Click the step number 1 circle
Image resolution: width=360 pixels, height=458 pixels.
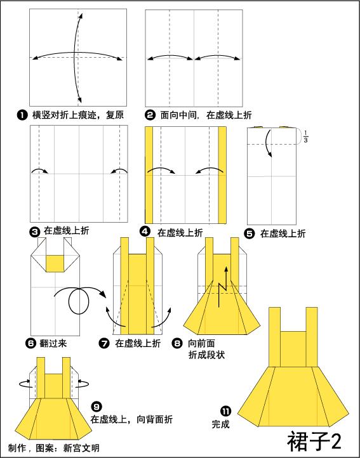tap(22, 115)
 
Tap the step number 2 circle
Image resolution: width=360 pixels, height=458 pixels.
tap(150, 115)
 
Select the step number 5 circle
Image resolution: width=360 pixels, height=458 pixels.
tap(249, 233)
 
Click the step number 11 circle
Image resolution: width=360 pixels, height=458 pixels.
tap(225, 410)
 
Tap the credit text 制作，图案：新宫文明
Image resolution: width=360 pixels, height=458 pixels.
tap(54, 448)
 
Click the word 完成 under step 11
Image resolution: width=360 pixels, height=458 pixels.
tap(221, 423)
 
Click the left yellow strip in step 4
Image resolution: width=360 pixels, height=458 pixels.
tap(149, 174)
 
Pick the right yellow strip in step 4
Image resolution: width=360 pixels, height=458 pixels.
tap(223, 174)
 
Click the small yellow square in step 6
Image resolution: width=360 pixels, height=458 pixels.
tap(55, 261)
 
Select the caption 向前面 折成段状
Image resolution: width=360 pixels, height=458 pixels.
tap(204, 350)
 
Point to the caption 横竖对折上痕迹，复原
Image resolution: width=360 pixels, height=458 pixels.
tap(77, 115)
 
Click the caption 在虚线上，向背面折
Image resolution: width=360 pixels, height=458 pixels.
tap(130, 419)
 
